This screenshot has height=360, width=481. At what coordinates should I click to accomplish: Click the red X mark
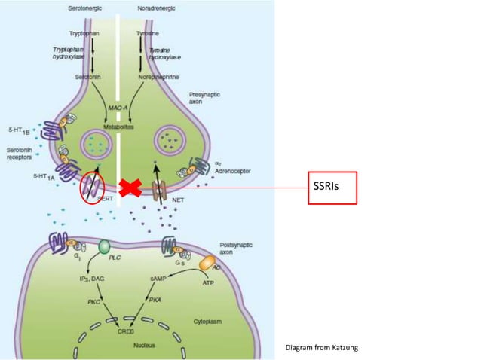(130, 188)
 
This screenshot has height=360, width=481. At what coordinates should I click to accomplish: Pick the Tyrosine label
(152, 34)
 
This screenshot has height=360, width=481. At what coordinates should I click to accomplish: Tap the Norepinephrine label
(157, 76)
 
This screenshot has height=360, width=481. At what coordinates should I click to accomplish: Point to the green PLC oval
(105, 246)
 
